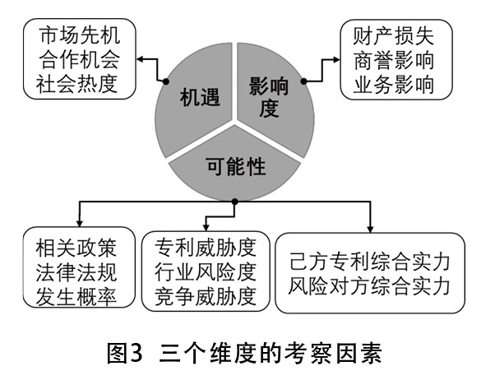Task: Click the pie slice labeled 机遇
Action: pos(196,101)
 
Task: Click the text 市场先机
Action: pos(80,35)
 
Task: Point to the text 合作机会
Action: pos(80,60)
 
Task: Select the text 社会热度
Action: pos(77,84)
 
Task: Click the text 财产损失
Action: pos(393,36)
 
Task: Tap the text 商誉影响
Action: pos(393,61)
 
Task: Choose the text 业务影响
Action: pos(393,85)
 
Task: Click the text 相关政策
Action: pos(76,248)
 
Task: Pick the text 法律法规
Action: pos(76,272)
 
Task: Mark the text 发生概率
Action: pos(76,297)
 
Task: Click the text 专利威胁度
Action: pos(206,248)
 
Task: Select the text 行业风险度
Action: pos(206,272)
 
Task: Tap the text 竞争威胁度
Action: pos(206,296)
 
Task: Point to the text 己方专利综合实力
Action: pos(370,262)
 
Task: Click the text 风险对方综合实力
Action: pos(370,286)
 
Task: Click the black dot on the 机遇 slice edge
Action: pos(166,81)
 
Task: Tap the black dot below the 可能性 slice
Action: pos(234,202)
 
